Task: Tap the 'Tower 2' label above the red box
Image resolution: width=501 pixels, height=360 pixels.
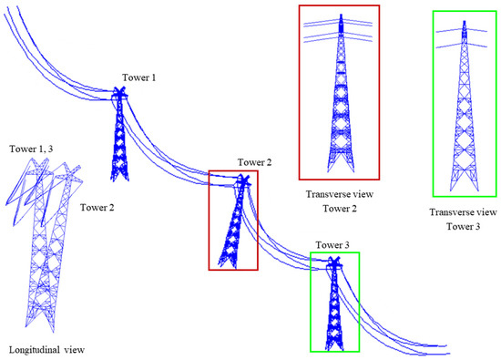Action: click(x=255, y=162)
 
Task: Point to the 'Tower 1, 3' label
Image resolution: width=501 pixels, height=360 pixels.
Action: click(x=31, y=148)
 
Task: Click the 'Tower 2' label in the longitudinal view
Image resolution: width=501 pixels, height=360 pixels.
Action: click(x=96, y=207)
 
